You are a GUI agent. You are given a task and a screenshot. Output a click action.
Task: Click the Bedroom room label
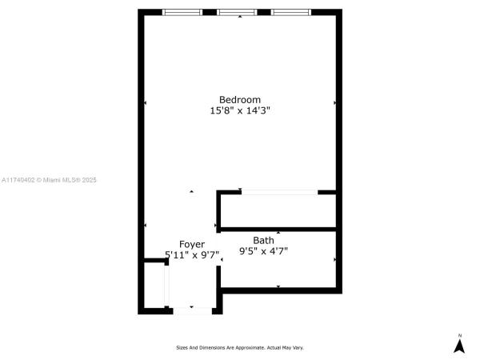coord(240,100)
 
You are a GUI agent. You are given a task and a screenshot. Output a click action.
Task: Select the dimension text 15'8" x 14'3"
coord(240,110)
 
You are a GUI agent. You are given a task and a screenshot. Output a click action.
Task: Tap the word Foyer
coord(192,244)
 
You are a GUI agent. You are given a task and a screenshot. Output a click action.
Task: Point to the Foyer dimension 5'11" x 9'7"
coord(192,254)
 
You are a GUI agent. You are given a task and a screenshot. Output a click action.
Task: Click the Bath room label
coord(263,240)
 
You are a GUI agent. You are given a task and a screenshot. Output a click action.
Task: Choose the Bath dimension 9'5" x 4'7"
coord(263,251)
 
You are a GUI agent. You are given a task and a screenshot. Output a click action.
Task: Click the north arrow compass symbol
coord(459,346)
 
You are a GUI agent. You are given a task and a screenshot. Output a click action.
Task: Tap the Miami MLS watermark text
coord(49,180)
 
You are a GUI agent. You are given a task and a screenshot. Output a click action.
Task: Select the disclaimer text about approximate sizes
coord(240,348)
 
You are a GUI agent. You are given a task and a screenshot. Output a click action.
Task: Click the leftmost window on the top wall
coord(182,12)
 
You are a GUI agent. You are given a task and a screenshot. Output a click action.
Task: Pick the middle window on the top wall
coord(237,12)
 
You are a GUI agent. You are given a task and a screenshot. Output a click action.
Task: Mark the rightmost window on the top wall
coord(291,12)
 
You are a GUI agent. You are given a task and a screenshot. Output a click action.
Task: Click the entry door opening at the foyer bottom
coord(193,311)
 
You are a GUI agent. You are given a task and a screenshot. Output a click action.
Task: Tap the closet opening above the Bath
coord(279,192)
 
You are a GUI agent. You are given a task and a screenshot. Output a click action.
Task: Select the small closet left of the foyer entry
coord(154,286)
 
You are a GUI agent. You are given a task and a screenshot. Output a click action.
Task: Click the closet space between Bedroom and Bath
coord(278,211)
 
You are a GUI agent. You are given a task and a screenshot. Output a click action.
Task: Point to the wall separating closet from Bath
coord(278,230)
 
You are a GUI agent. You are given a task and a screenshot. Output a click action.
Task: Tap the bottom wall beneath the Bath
coord(281,290)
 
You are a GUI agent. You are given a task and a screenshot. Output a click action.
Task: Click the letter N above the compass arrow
coord(459,336)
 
